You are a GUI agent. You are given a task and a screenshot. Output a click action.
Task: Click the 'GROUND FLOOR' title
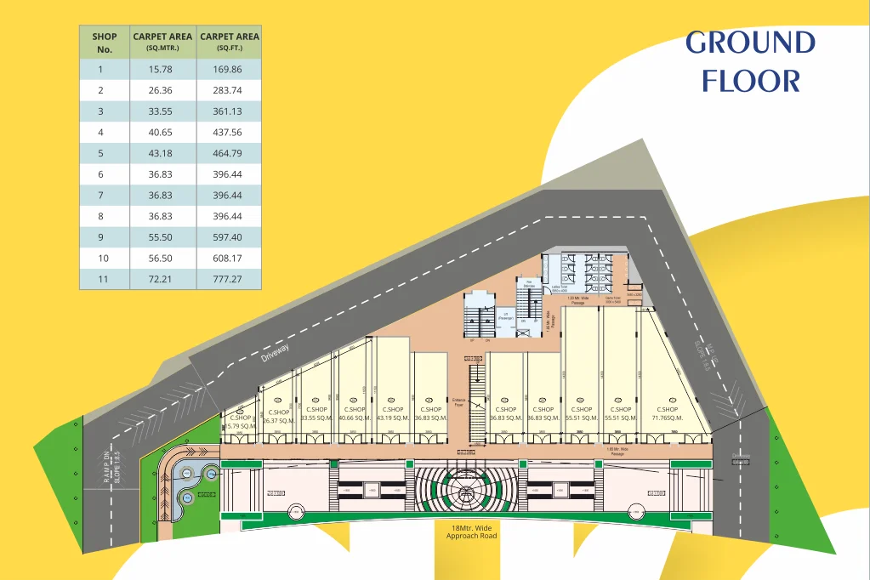point(751,61)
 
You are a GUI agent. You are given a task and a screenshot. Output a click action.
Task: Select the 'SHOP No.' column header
point(105,43)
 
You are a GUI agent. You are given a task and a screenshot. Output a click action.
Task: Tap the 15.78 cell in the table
point(162,70)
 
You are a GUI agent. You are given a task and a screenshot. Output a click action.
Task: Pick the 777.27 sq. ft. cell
point(229,279)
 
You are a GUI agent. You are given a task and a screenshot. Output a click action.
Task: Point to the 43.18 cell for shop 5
point(162,153)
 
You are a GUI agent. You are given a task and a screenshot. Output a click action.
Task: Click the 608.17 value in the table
point(229,258)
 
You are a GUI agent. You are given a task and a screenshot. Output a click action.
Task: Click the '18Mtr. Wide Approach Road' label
point(472,532)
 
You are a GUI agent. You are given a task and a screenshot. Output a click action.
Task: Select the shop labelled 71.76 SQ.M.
point(667,414)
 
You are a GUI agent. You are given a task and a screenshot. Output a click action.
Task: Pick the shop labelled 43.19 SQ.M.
point(393,414)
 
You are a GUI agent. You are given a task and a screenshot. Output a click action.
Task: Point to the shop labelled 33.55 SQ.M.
point(316,414)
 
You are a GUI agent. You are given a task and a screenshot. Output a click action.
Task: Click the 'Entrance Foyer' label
point(459,401)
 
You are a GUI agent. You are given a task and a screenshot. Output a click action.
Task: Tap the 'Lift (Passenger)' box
point(506,316)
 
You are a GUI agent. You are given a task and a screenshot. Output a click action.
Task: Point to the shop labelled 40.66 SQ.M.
point(353,414)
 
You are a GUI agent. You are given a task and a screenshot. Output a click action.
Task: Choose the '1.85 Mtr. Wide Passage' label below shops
point(615,452)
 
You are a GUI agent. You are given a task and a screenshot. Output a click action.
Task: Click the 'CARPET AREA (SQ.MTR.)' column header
point(162,43)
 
